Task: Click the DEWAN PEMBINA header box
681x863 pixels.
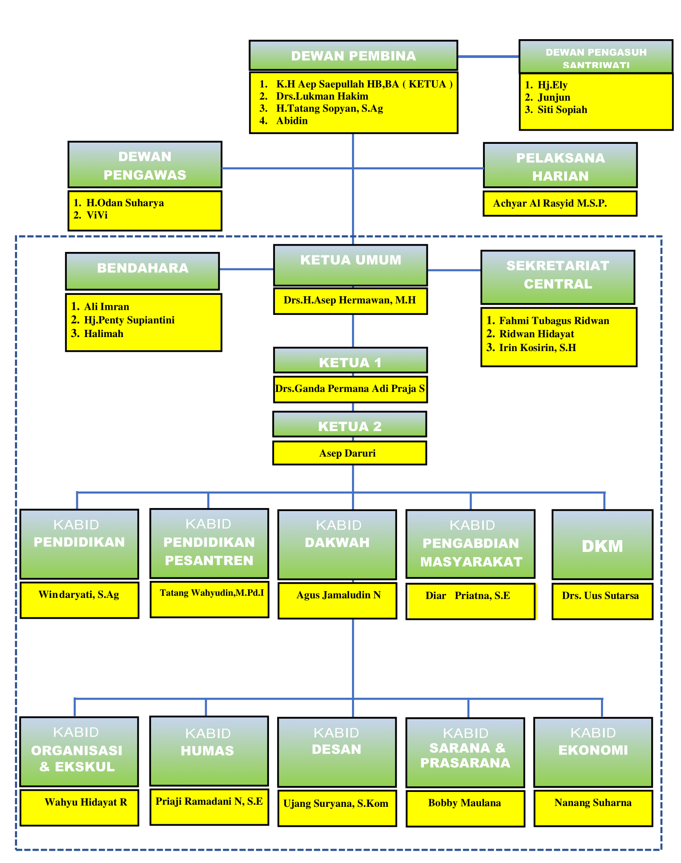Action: (353, 56)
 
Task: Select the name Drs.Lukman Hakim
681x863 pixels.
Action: (322, 96)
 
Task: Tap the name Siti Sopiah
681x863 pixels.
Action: (562, 110)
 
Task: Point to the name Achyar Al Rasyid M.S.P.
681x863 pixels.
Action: (550, 203)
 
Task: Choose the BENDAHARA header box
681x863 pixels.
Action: (143, 271)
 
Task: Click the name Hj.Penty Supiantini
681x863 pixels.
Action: (129, 320)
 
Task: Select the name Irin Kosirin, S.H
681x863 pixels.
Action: (537, 348)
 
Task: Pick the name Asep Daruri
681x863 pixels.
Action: (347, 453)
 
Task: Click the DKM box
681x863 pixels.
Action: (602, 545)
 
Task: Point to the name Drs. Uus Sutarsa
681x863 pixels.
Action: (600, 596)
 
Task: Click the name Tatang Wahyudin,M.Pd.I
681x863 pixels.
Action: (212, 593)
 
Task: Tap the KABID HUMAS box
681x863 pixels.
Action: (209, 751)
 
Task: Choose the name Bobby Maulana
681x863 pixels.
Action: (464, 803)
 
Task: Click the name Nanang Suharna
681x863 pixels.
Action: (593, 803)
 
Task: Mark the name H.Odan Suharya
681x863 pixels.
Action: (125, 203)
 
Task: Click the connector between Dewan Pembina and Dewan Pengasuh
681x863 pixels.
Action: (488, 56)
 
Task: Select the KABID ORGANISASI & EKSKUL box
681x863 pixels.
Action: (79, 752)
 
